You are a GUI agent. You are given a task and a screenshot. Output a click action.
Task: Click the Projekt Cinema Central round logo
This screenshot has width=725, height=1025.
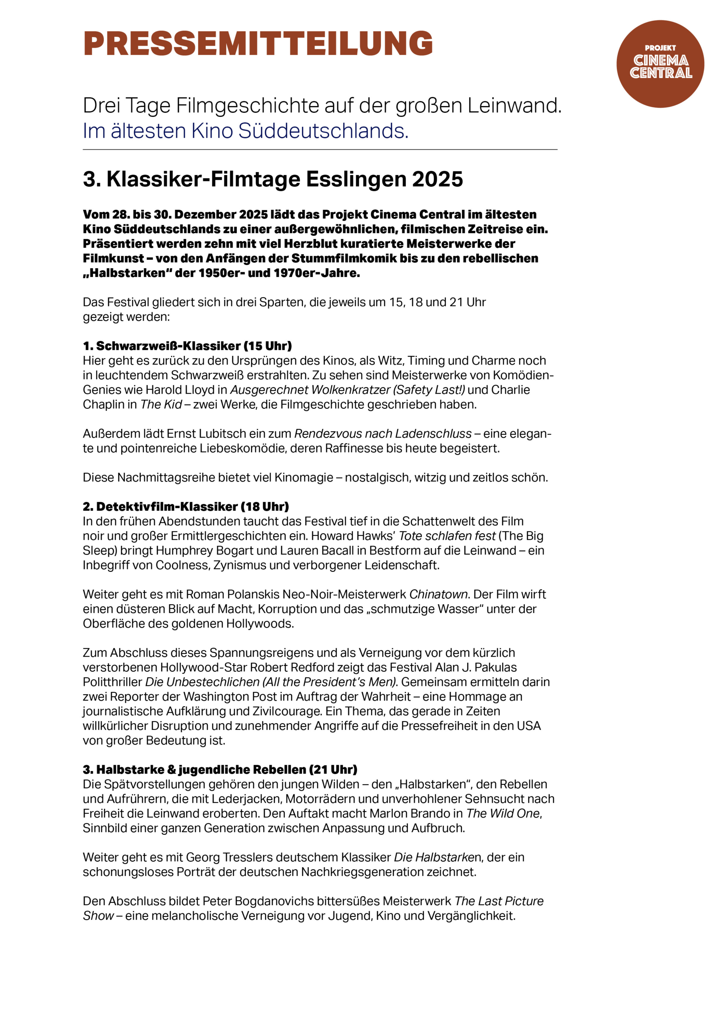[x=660, y=64]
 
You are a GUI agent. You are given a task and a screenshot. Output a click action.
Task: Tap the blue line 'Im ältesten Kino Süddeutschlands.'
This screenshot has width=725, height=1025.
[x=245, y=131]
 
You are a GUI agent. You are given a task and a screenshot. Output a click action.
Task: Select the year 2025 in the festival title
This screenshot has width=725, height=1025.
[x=437, y=179]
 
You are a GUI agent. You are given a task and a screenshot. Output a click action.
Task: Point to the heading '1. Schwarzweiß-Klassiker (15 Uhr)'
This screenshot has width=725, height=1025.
[x=187, y=346]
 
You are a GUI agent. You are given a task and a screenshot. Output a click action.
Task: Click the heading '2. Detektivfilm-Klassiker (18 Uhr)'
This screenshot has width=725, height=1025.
[x=186, y=507]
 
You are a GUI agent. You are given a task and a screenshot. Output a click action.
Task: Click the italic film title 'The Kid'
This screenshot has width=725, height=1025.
[x=161, y=404]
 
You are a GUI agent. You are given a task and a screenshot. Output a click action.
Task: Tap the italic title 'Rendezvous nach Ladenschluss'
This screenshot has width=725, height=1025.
[x=383, y=434]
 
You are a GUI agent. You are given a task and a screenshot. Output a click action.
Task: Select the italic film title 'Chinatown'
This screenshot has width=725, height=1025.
[x=438, y=594]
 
